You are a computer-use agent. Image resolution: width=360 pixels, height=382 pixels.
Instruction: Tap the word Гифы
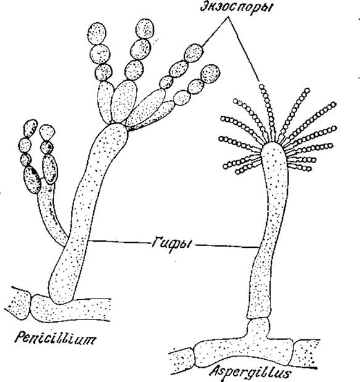(x=172, y=244)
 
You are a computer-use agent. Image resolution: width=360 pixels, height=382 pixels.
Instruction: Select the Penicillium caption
(x=55, y=338)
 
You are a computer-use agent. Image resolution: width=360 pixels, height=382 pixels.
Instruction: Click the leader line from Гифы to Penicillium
(x=119, y=242)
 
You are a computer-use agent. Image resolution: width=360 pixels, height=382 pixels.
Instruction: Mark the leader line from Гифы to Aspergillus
(x=227, y=246)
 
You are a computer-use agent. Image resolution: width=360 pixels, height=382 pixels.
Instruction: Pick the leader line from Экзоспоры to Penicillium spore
(x=215, y=32)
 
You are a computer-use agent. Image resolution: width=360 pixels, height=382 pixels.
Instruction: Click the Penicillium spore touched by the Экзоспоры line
(x=194, y=53)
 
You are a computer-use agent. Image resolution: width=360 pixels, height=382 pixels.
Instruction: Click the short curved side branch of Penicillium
(x=51, y=214)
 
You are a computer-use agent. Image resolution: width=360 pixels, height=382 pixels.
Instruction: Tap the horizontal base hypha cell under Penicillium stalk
(x=70, y=310)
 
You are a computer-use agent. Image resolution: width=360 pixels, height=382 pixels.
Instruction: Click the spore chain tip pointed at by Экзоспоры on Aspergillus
(x=262, y=87)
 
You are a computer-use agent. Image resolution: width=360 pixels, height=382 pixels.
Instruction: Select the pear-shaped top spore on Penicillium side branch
(x=47, y=132)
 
